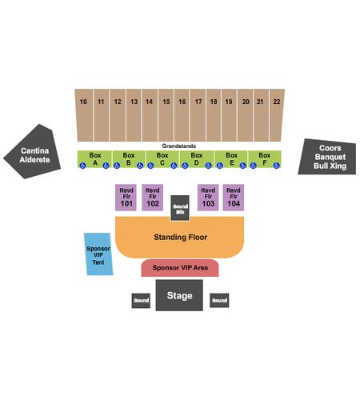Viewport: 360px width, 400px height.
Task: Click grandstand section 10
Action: click(84, 115)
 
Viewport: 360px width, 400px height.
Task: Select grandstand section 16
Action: click(182, 115)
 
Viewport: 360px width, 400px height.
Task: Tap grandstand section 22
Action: click(277, 115)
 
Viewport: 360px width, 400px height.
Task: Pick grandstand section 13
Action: click(134, 115)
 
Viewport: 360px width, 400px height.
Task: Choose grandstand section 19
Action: click(229, 115)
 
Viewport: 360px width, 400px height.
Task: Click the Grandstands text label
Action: click(179, 146)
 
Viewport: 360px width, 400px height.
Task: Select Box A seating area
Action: click(94, 159)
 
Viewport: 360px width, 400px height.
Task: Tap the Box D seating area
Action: click(197, 159)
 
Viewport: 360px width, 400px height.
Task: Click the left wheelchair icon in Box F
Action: click(253, 166)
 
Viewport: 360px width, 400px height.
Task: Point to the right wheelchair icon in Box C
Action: click(174, 166)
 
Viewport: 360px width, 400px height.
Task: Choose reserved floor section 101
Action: click(126, 198)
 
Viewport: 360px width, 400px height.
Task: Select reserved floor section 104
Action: click(234, 198)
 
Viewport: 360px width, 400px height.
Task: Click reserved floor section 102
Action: click(153, 198)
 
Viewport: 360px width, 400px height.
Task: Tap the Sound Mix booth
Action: click(180, 208)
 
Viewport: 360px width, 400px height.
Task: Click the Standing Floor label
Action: click(181, 237)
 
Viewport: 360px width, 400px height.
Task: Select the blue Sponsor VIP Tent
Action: click(98, 254)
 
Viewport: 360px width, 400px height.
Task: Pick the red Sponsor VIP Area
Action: click(180, 268)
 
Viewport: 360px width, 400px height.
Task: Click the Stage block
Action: click(179, 295)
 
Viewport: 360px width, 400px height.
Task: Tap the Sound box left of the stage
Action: click(141, 301)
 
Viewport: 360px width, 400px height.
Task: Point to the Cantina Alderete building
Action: click(34, 154)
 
